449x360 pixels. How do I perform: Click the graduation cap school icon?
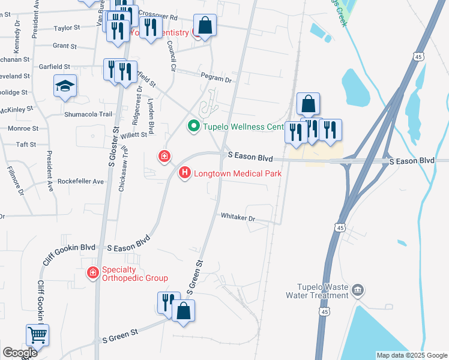(65, 86)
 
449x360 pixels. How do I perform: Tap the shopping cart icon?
(37, 334)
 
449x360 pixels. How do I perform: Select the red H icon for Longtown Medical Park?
(185, 173)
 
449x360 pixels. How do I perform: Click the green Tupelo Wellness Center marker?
(193, 127)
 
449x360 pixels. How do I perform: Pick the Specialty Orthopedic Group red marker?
(92, 274)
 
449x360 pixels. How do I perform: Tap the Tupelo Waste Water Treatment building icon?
(358, 292)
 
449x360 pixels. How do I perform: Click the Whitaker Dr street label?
(238, 216)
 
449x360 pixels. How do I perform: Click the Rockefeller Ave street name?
(81, 181)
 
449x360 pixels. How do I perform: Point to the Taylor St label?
(67, 28)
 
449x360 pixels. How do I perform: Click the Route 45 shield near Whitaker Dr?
(340, 227)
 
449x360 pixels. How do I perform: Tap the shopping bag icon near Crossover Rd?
(205, 26)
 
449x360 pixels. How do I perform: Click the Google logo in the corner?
(20, 353)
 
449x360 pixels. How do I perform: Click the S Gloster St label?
(110, 150)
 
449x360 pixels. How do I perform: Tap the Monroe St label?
(23, 128)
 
